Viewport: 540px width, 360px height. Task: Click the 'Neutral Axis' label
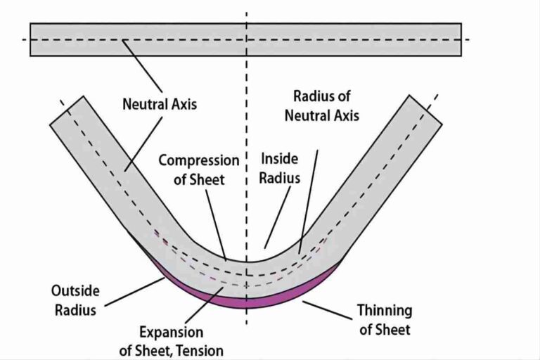(x=160, y=105)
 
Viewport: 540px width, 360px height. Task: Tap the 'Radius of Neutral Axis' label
(x=321, y=105)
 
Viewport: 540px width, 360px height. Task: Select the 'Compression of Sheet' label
(x=198, y=169)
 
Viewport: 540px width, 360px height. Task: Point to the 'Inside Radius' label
(x=280, y=169)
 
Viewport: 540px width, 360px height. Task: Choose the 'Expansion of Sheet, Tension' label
(x=171, y=340)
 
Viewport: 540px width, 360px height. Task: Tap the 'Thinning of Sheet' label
(x=384, y=319)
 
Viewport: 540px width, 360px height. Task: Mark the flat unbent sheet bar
(x=245, y=39)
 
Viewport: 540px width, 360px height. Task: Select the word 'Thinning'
(x=384, y=310)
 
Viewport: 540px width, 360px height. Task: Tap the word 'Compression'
(x=198, y=160)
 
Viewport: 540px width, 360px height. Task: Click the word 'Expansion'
(x=171, y=332)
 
